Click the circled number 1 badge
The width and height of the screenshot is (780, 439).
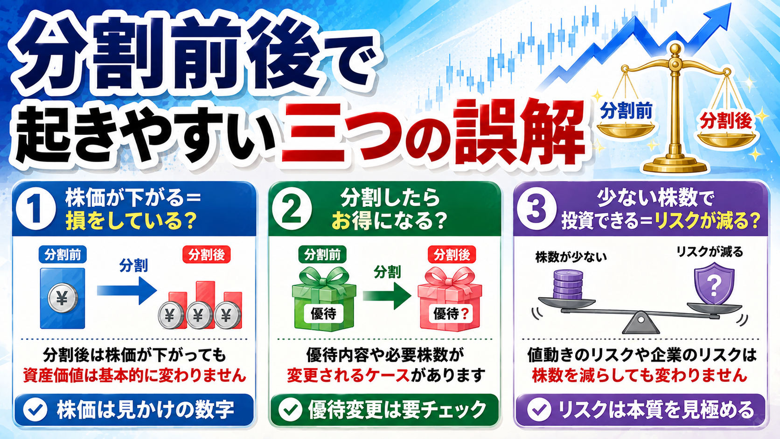[36, 209]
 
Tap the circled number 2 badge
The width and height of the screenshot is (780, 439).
[292, 209]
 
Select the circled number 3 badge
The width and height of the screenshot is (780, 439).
[536, 209]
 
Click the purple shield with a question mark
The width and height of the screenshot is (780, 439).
[714, 284]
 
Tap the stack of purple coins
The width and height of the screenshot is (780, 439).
[568, 285]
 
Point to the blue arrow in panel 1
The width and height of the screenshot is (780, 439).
[127, 290]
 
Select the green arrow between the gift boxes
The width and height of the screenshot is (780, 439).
[387, 296]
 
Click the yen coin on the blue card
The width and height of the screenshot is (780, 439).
[63, 298]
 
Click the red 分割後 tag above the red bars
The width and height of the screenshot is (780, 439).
[207, 255]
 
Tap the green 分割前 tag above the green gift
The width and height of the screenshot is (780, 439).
[322, 255]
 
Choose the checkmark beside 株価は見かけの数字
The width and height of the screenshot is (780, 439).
[35, 410]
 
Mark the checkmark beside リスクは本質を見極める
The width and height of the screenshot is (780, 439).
[539, 410]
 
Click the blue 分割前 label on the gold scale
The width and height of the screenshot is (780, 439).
[626, 111]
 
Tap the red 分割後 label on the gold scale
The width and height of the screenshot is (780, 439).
[726, 121]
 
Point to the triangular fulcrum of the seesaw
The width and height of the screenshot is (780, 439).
[641, 323]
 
